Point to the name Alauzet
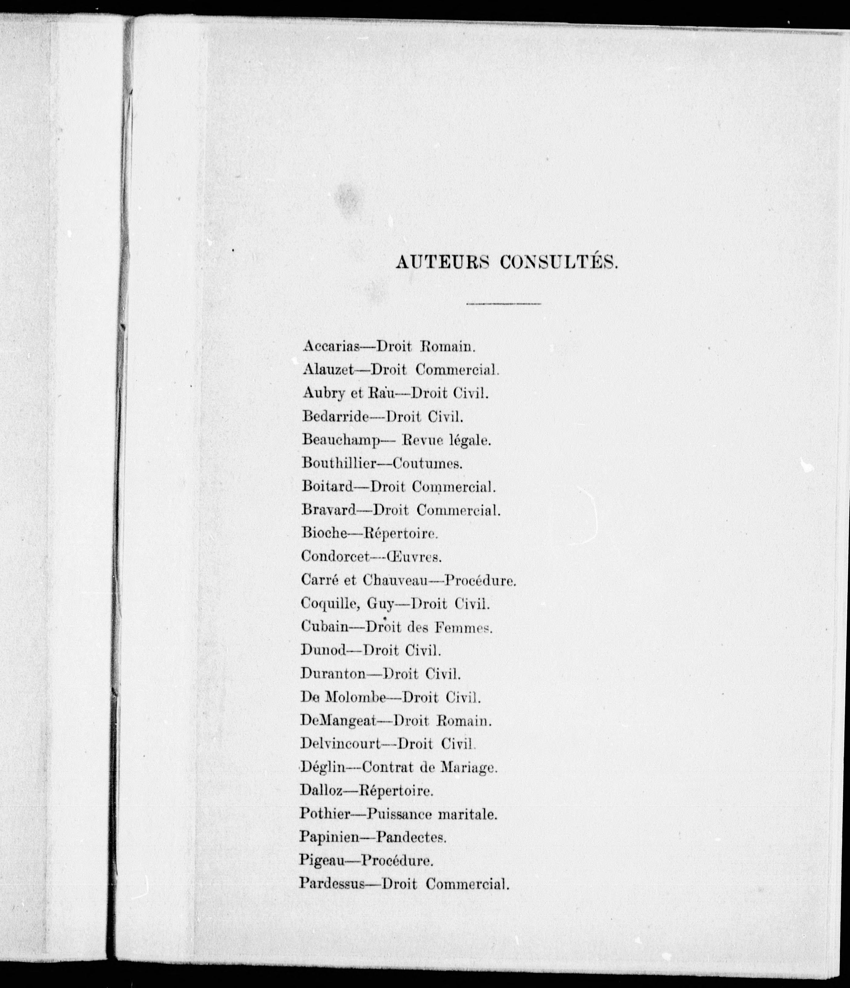pos(327,370)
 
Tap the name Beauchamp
pos(340,441)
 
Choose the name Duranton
pos(333,674)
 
